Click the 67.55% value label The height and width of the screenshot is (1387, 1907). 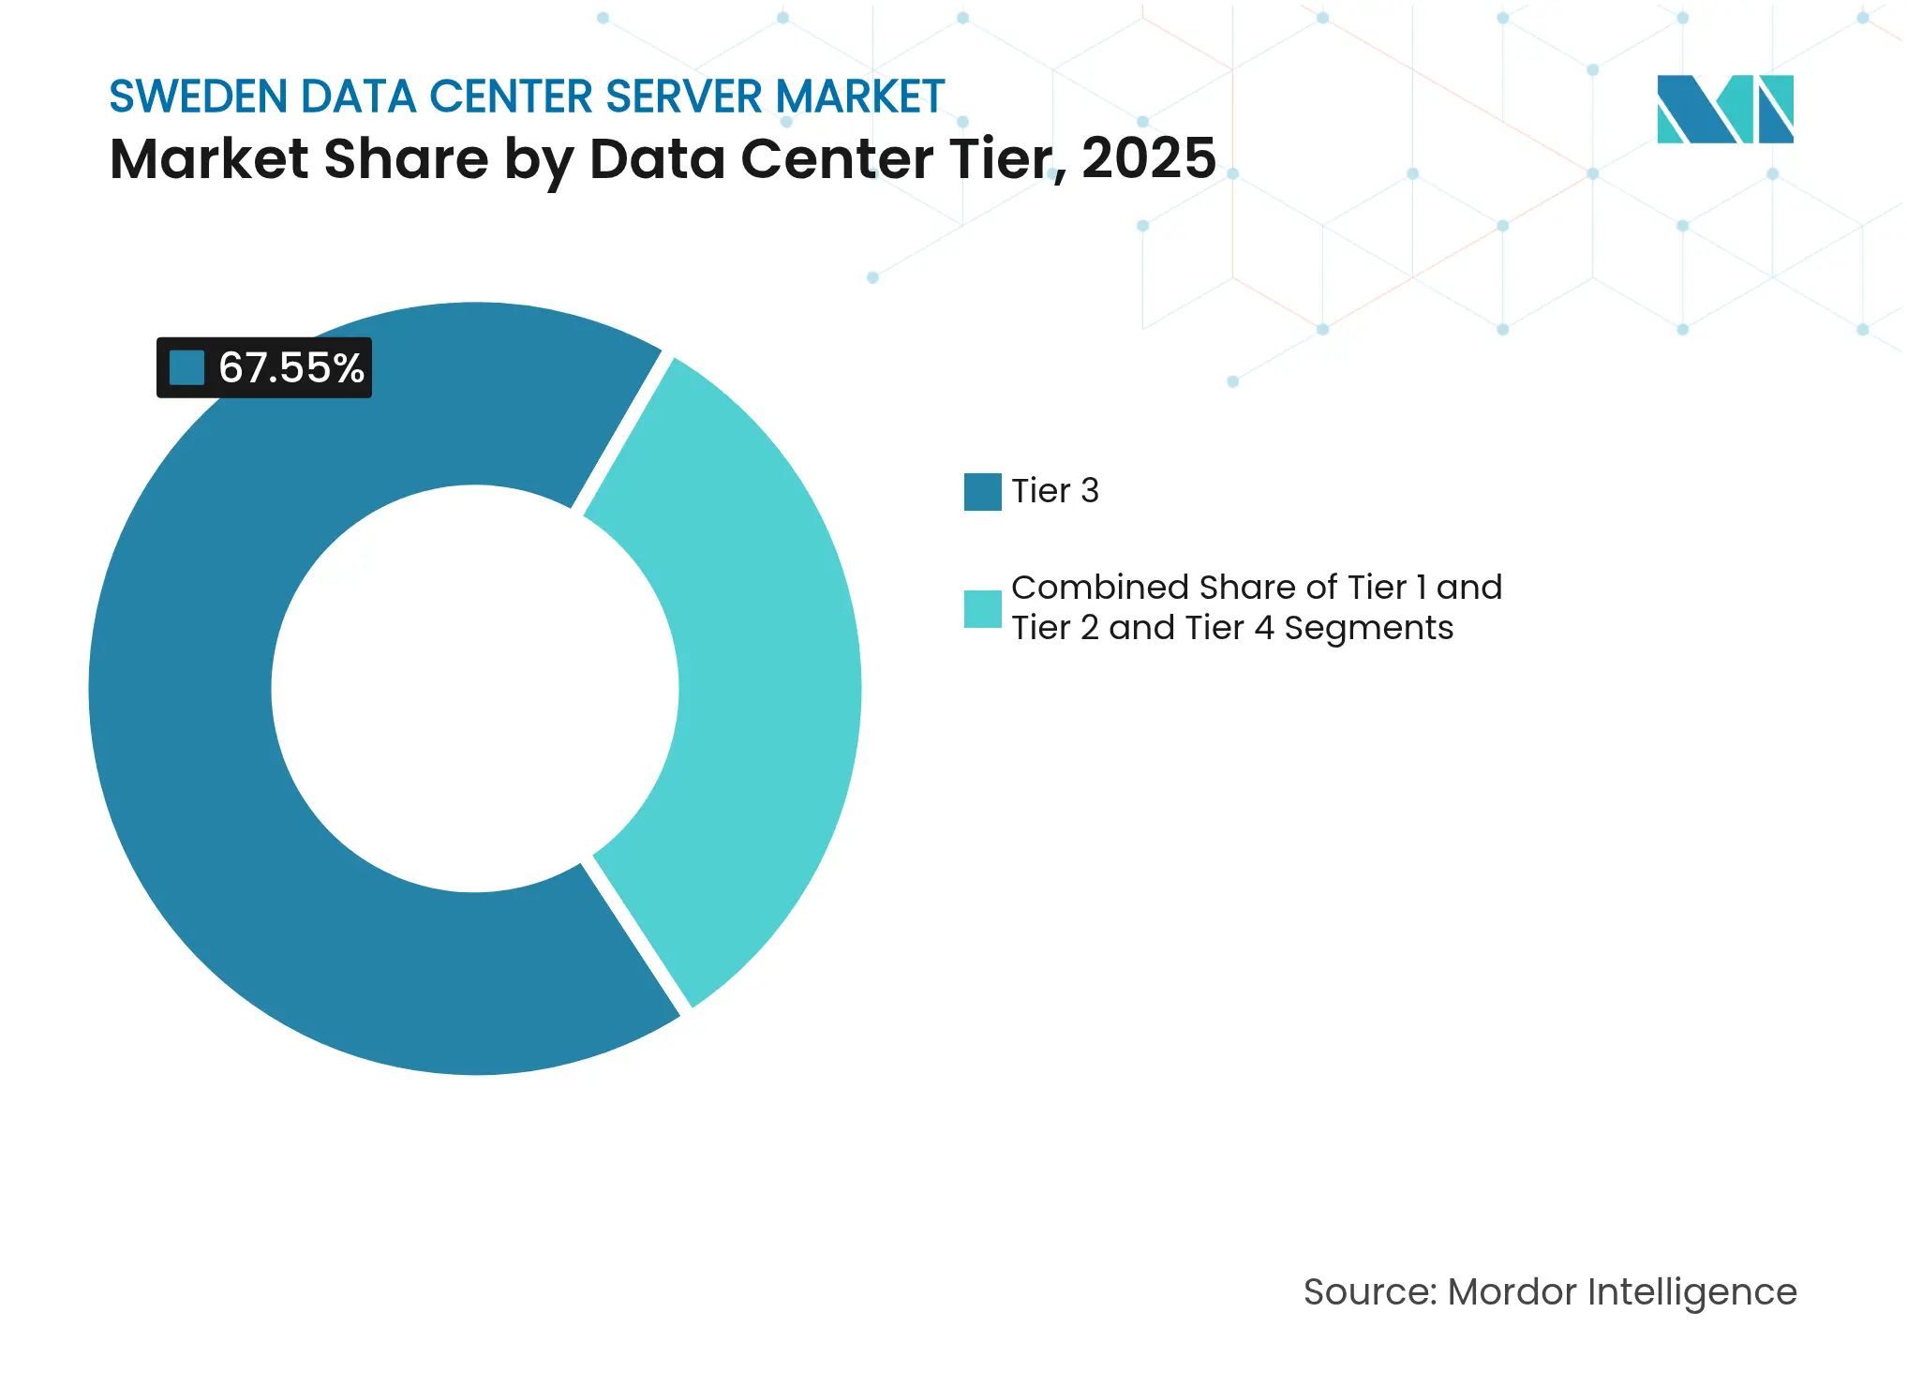pyautogui.click(x=291, y=367)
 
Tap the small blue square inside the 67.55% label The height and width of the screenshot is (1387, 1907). pyautogui.click(x=187, y=367)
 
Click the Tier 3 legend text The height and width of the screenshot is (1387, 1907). pyautogui.click(x=1054, y=491)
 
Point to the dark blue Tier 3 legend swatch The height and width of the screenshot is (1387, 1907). pyautogui.click(x=982, y=492)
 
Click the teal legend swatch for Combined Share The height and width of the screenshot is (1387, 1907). pyautogui.click(x=982, y=609)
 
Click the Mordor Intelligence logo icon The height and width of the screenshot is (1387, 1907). pyautogui.click(x=1724, y=109)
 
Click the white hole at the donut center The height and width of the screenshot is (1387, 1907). pyautogui.click(x=475, y=689)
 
